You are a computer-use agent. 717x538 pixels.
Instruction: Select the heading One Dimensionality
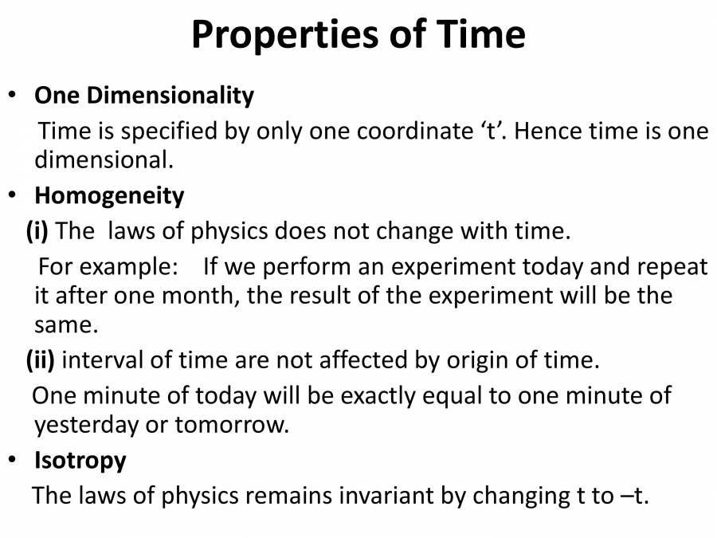click(144, 96)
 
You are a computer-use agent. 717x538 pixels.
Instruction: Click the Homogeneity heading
click(109, 195)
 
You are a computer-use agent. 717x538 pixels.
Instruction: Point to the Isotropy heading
click(80, 461)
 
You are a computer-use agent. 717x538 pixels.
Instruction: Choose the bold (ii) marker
click(41, 360)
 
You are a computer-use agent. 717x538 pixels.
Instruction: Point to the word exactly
click(345, 395)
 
